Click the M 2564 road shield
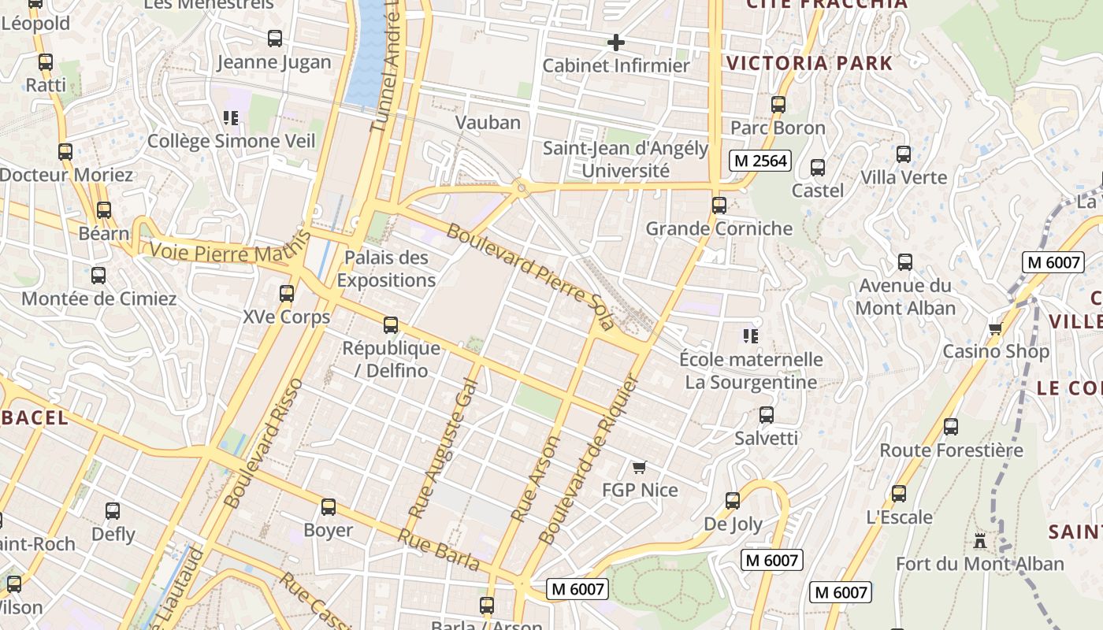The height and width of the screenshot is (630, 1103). tap(759, 161)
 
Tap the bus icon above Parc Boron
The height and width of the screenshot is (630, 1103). tap(778, 104)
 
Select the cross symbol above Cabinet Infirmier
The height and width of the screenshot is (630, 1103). tap(616, 43)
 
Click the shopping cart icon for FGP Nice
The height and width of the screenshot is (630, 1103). tap(640, 468)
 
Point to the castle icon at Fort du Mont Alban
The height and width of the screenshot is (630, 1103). tap(980, 541)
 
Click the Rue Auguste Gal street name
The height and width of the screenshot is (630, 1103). tap(443, 448)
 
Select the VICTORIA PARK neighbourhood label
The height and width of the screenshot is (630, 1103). tap(810, 64)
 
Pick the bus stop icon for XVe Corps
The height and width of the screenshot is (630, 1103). tap(287, 294)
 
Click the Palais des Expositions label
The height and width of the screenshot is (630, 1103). tap(386, 269)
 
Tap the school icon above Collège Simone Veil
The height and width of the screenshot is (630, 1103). tap(231, 118)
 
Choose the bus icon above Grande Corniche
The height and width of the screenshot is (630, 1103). tap(719, 206)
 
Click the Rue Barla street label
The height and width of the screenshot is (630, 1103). tap(438, 550)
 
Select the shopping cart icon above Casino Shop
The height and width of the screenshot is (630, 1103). tap(996, 328)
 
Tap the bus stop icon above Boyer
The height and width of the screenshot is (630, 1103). tap(329, 507)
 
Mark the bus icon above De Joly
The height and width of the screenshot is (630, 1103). tap(733, 501)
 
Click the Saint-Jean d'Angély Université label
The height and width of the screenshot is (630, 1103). tap(626, 159)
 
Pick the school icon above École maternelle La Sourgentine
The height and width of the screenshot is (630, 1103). tap(751, 336)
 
